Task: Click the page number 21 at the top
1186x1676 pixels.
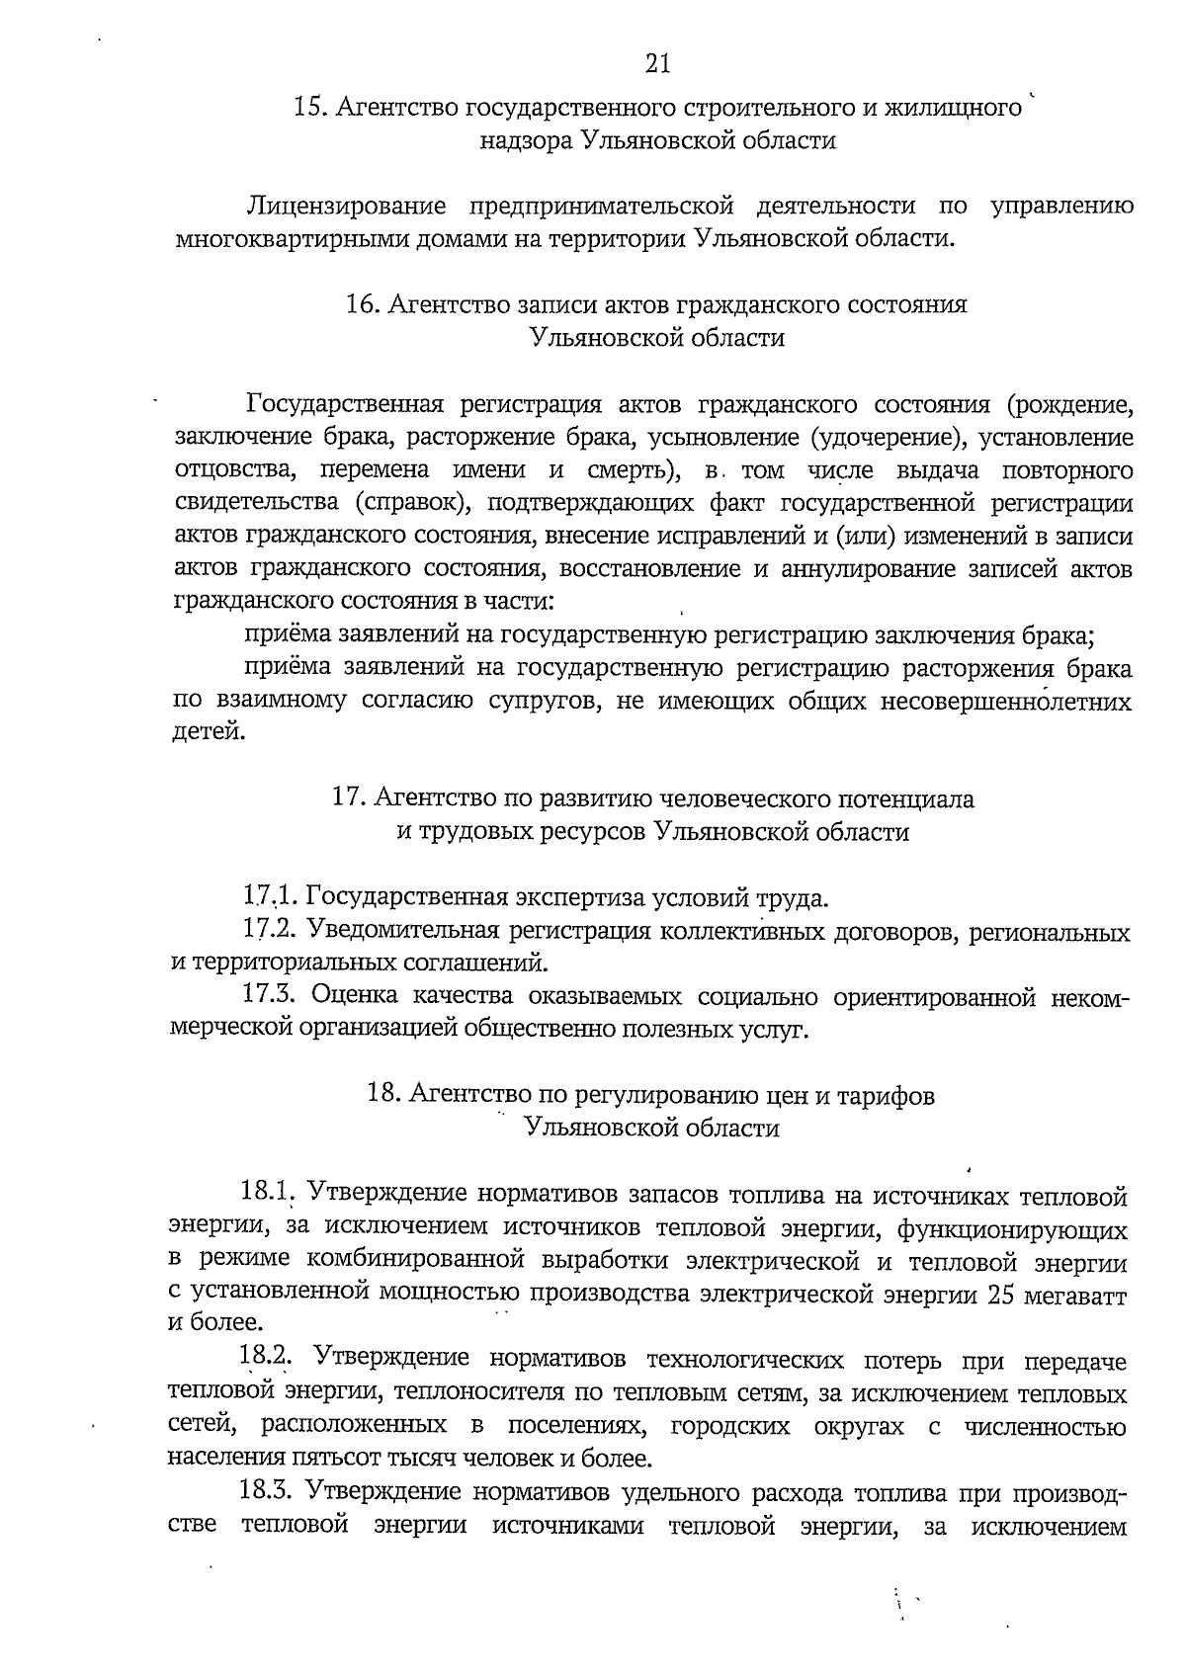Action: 657,64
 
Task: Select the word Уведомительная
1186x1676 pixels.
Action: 407,931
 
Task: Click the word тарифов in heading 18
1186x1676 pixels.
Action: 886,1096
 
